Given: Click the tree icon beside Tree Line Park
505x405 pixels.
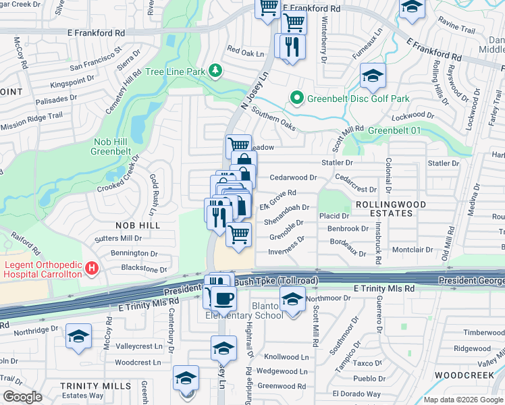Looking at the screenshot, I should [215, 71].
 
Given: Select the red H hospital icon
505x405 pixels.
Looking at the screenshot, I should [92, 270].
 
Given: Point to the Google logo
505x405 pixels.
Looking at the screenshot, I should [22, 397].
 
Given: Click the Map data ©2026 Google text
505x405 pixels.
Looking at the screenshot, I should [462, 400].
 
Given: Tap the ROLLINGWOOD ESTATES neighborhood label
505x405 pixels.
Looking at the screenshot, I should [383, 209].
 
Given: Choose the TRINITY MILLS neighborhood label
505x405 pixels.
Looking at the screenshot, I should [85, 385].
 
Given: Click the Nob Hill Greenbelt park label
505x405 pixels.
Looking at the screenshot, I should [116, 146].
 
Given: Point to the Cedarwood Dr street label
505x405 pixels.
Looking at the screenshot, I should [293, 178].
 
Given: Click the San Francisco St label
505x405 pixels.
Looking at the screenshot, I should [95, 59].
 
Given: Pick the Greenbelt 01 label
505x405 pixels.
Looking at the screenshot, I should [392, 130].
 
